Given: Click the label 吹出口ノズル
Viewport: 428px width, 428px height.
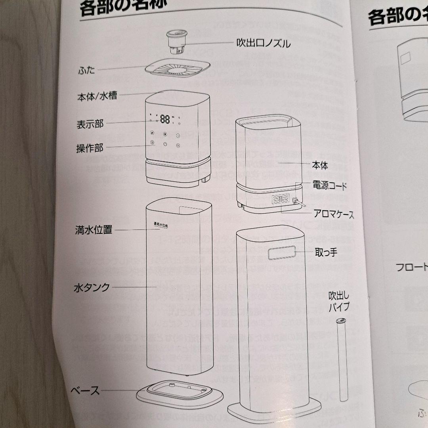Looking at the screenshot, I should [x=264, y=43].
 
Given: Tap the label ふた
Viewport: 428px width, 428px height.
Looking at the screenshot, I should [x=86, y=71].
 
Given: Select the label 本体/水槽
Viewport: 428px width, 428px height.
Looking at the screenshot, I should [x=97, y=96].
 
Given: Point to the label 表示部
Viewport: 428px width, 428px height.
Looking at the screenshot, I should [x=90, y=124].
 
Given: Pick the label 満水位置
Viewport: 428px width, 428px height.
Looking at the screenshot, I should [x=94, y=229].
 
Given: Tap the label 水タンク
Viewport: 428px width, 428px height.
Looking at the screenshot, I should [x=92, y=287].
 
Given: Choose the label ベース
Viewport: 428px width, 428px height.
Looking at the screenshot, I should [x=85, y=390].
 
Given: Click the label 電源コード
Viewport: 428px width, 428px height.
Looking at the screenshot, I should [x=329, y=185].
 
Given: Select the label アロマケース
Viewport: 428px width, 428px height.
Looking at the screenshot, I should [x=333, y=214].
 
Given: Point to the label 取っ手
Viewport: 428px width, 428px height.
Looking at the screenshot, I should [x=326, y=252].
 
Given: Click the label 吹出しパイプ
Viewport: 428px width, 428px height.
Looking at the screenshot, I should [x=339, y=302].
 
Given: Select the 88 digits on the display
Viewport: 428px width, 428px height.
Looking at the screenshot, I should [x=165, y=119].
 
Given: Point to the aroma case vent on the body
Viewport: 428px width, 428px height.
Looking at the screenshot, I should [x=281, y=199].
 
